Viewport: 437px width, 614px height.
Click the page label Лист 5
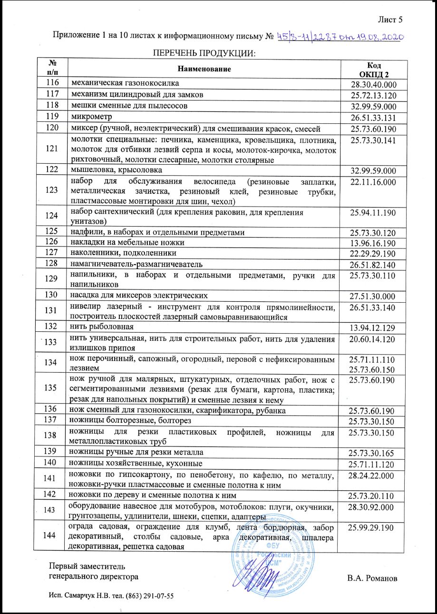click(x=390, y=20)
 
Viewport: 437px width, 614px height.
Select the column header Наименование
click(x=204, y=69)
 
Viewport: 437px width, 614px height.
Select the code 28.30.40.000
click(x=373, y=85)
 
